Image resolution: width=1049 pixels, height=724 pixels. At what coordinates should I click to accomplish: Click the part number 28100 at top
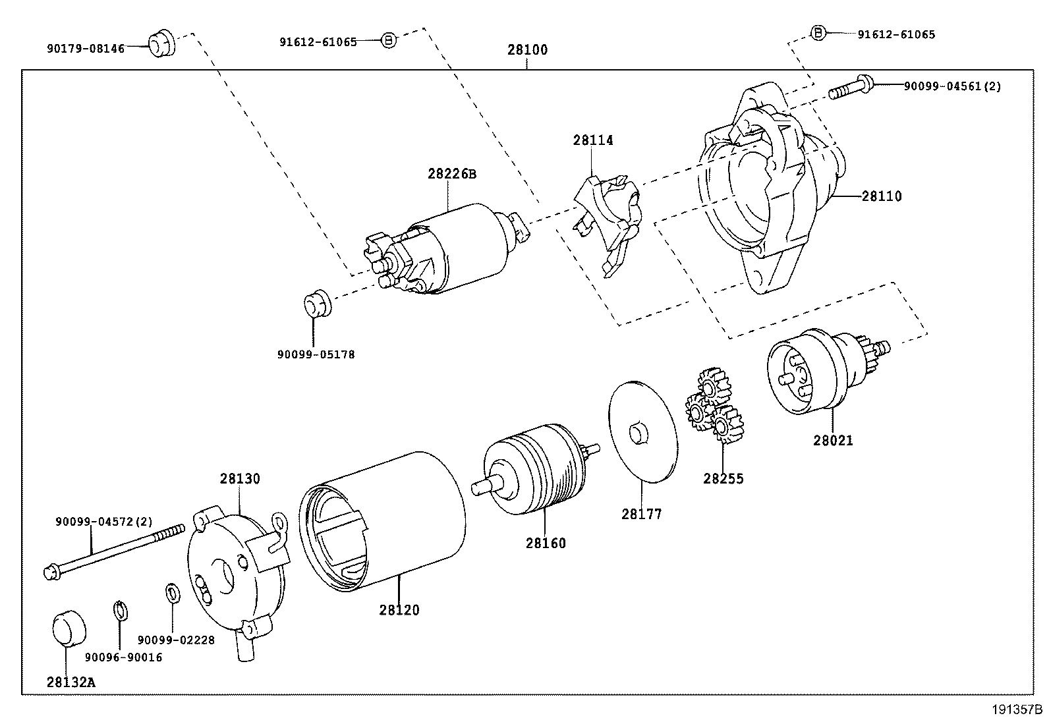point(527,50)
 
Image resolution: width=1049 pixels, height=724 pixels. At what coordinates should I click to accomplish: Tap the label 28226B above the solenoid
point(451,175)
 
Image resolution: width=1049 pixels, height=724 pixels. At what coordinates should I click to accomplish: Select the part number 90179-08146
point(86,49)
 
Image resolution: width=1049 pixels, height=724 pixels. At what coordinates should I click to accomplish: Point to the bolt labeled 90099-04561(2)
point(851,88)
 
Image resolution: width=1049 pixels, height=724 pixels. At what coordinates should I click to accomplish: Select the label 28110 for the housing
point(882,196)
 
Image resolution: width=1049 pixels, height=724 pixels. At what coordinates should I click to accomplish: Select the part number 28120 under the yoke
point(399,610)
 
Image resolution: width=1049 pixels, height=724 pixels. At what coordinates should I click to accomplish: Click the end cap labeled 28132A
point(69,627)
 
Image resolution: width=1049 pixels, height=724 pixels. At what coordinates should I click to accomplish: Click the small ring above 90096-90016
point(120,610)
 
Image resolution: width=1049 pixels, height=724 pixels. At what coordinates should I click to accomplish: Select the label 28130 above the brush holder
point(240,479)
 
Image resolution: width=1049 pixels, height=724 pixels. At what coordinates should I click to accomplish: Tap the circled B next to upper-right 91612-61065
point(817,32)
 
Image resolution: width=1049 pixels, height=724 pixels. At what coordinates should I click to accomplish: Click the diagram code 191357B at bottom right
point(1018,710)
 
